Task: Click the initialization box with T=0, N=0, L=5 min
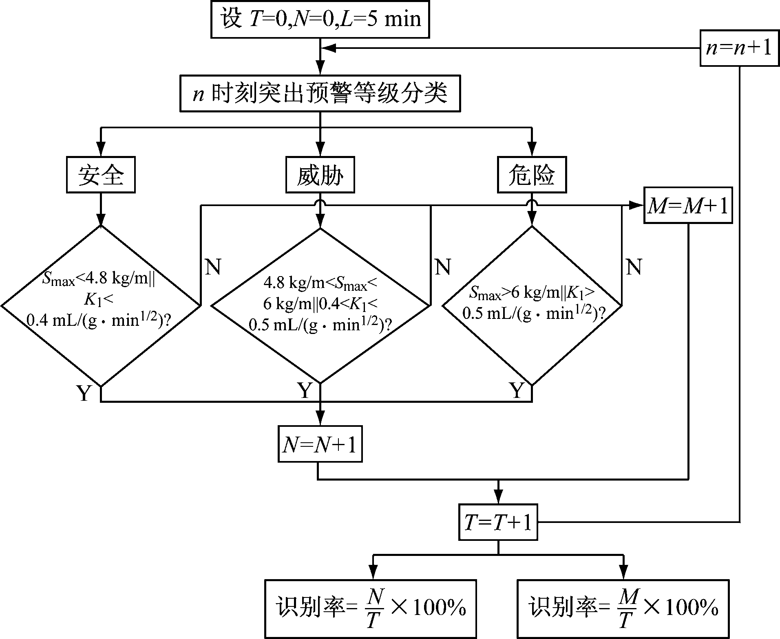tap(320, 20)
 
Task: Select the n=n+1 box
tap(739, 48)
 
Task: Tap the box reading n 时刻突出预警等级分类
tap(320, 93)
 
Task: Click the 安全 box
tap(101, 175)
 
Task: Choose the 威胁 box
tap(320, 175)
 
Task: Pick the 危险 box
tap(532, 175)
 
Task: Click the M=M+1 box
tap(688, 205)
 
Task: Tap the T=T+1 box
tap(498, 522)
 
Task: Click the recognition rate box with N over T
tap(370, 608)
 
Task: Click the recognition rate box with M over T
tap(623, 608)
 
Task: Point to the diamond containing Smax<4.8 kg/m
tap(101, 305)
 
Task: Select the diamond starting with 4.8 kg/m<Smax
tap(320, 305)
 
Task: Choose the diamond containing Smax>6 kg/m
tap(532, 305)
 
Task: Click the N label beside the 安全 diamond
tap(213, 267)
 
